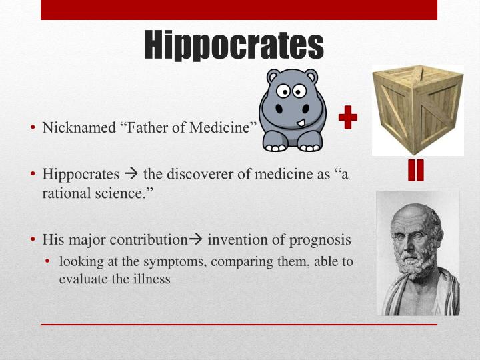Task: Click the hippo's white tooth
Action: point(302,123)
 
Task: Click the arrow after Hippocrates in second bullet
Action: point(131,175)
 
